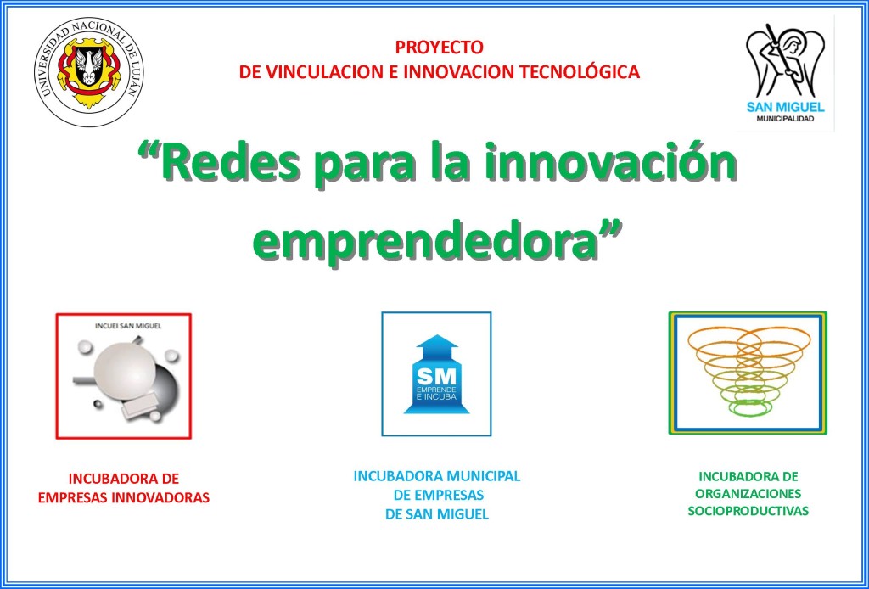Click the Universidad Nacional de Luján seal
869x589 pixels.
88,71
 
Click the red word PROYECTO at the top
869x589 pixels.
439,48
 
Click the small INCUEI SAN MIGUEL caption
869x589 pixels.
128,326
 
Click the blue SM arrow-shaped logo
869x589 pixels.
436,374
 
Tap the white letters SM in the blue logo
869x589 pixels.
436,377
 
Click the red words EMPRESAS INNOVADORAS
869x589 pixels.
124,497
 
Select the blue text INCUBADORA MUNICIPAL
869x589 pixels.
437,476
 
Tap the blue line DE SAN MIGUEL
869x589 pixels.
437,515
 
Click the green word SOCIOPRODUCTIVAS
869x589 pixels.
748,511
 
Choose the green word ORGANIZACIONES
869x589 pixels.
748,493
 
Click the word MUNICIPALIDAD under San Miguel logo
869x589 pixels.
785,119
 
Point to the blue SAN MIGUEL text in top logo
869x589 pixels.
785,107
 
